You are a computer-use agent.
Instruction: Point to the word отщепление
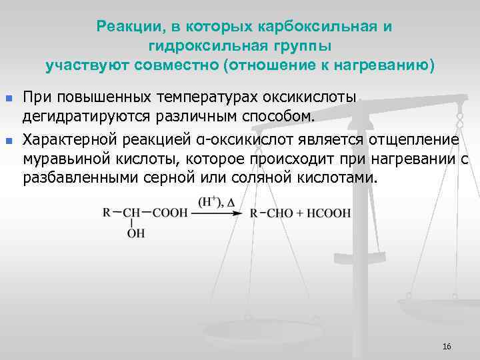415,139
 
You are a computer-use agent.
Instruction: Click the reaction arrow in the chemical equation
219,213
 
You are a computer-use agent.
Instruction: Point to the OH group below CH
135,234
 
